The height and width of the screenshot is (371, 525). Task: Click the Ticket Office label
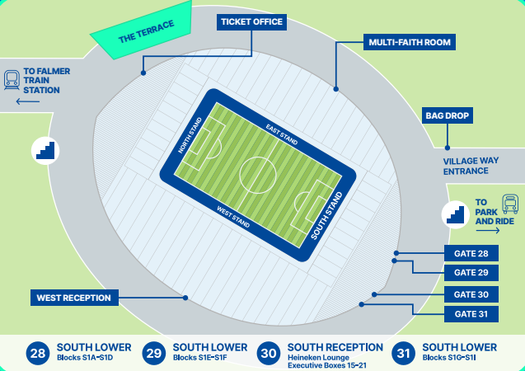[x=251, y=22]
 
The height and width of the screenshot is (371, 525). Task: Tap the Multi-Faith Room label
[x=410, y=42]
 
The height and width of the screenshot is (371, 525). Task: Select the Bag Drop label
[x=448, y=116]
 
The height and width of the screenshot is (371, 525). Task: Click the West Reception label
[x=74, y=298]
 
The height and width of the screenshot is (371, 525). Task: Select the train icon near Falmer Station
[x=12, y=79]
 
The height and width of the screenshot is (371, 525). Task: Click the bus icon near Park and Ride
[x=510, y=203]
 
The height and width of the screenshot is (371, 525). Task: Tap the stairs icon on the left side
[x=45, y=150]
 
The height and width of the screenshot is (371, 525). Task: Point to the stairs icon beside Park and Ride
[x=456, y=214]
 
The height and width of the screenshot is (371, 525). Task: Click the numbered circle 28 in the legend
[x=38, y=353]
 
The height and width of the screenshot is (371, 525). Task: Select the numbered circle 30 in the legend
[x=270, y=353]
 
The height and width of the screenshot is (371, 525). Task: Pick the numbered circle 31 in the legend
[x=404, y=353]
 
